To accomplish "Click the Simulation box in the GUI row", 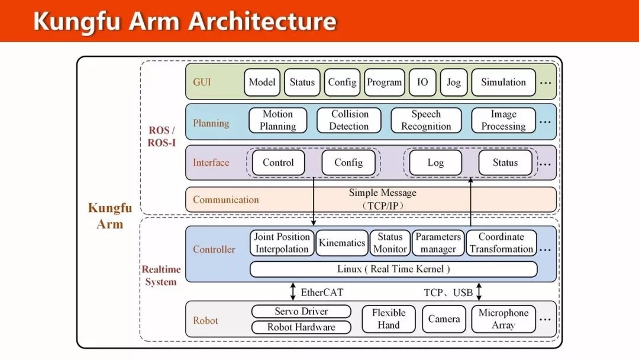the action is [x=504, y=82].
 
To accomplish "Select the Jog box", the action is [x=454, y=82].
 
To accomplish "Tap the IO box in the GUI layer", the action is [x=422, y=82].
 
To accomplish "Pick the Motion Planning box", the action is [x=278, y=120].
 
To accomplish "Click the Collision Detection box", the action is [x=349, y=120].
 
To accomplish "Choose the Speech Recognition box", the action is [x=426, y=120].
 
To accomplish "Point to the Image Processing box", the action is [x=504, y=120].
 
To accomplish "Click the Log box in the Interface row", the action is [x=435, y=163].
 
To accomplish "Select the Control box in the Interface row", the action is [x=278, y=163].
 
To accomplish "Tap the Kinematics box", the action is [x=342, y=243].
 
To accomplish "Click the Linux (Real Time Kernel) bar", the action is [x=393, y=269].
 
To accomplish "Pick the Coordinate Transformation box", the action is [x=501, y=243].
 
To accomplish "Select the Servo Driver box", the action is [x=301, y=311].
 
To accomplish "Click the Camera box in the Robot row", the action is [x=444, y=319].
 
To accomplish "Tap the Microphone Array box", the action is [x=504, y=319].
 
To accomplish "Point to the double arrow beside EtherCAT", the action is [x=293, y=292].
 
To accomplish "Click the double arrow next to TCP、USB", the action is [x=479, y=292].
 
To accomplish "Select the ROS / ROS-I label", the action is [x=162, y=137].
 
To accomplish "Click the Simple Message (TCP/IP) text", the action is [x=383, y=200].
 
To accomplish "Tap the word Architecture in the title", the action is [x=263, y=21].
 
